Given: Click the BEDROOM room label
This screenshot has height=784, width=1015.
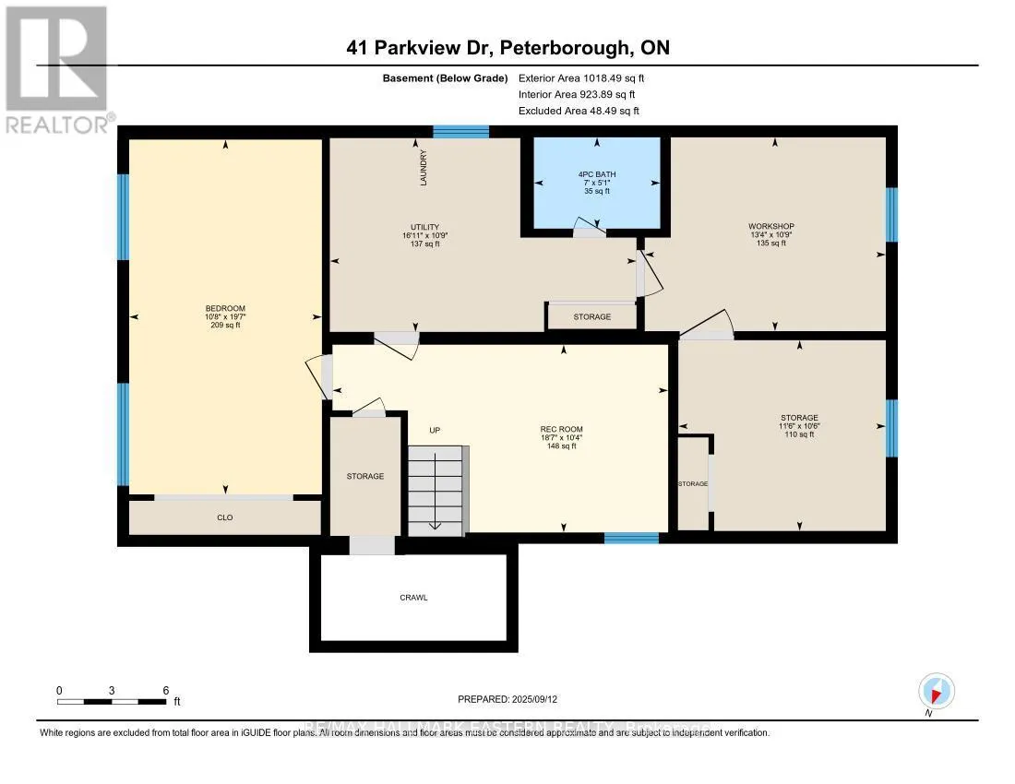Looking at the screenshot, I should pyautogui.click(x=225, y=309).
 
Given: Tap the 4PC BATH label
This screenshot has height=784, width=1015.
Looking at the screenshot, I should pyautogui.click(x=597, y=174).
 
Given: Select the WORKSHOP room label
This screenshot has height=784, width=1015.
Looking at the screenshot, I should pyautogui.click(x=771, y=226).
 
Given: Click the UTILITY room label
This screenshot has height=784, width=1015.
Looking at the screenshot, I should pyautogui.click(x=424, y=228).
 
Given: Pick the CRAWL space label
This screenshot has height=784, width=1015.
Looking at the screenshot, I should pyautogui.click(x=413, y=598).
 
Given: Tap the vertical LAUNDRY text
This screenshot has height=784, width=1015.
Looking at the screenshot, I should pyautogui.click(x=424, y=169).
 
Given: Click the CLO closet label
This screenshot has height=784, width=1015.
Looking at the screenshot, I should pyautogui.click(x=224, y=517).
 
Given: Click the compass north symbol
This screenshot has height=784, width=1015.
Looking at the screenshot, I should pyautogui.click(x=937, y=691).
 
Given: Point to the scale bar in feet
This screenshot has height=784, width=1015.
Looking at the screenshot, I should pyautogui.click(x=113, y=702).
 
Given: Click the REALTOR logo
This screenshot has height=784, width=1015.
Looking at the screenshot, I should pyautogui.click(x=57, y=69).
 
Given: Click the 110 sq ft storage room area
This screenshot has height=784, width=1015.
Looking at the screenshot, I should pyautogui.click(x=799, y=434).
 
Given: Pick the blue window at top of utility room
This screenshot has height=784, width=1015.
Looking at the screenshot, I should pyautogui.click(x=460, y=132).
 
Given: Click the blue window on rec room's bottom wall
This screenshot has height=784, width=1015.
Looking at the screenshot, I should pyautogui.click(x=631, y=538).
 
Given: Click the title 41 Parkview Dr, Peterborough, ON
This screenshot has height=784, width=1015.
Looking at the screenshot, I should pyautogui.click(x=507, y=48).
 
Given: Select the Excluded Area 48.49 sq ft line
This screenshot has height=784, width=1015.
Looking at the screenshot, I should pyautogui.click(x=579, y=111).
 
